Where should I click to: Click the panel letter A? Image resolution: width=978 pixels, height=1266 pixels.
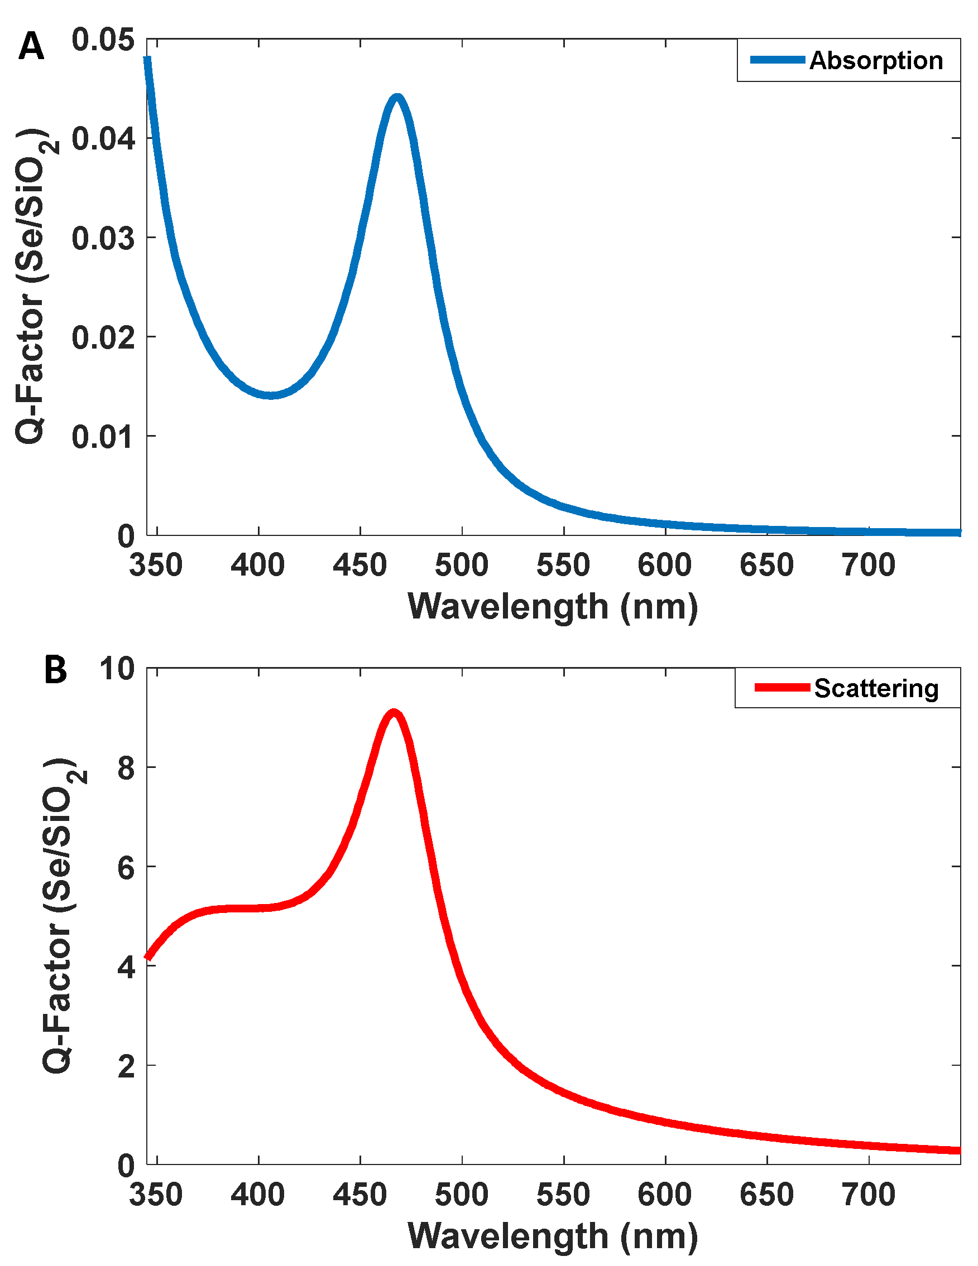click(31, 46)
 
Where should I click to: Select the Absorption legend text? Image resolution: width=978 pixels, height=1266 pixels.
click(875, 61)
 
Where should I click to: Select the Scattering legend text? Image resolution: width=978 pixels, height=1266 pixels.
click(876, 689)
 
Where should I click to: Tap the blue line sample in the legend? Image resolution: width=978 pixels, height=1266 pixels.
click(777, 60)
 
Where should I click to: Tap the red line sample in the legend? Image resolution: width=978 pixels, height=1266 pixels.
click(782, 688)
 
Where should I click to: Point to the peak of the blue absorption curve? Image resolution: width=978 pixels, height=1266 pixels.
click(397, 98)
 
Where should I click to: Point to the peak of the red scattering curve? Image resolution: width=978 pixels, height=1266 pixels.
click(394, 713)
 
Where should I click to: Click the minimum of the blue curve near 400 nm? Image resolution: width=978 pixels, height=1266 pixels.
click(270, 395)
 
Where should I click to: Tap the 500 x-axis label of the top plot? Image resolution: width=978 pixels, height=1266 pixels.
click(461, 564)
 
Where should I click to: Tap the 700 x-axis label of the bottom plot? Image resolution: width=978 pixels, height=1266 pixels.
click(869, 1195)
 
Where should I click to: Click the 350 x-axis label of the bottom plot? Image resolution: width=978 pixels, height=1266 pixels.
click(155, 1195)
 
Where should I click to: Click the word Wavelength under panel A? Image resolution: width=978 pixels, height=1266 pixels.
click(508, 607)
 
